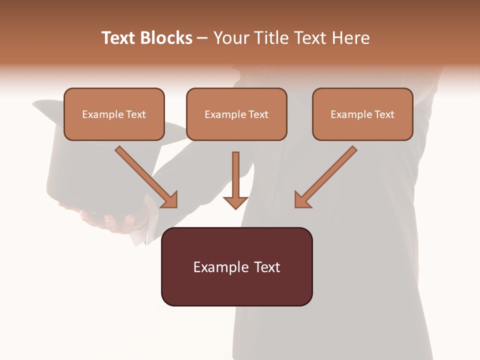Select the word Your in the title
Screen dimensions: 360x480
230,38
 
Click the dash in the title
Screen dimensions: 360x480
202,38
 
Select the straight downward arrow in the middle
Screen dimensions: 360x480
235,175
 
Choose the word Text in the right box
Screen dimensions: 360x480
384,114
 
